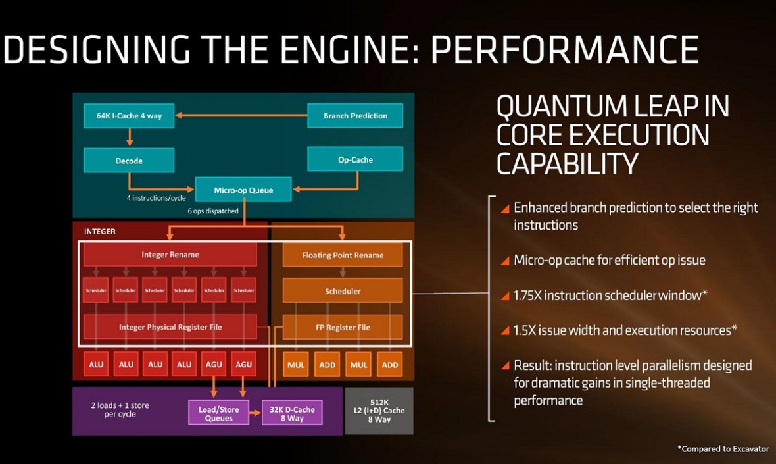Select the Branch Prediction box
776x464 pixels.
355,116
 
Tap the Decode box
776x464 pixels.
129,160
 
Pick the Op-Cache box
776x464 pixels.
355,159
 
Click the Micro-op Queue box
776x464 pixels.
243,190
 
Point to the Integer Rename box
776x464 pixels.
170,255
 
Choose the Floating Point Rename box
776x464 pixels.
343,255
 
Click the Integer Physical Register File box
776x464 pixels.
170,326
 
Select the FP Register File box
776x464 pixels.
343,326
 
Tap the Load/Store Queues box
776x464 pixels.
219,413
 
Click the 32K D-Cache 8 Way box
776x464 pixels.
292,413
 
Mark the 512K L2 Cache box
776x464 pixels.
378,411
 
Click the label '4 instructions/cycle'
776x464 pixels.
155,197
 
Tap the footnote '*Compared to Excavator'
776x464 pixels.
723,448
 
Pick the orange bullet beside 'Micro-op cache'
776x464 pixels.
505,261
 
